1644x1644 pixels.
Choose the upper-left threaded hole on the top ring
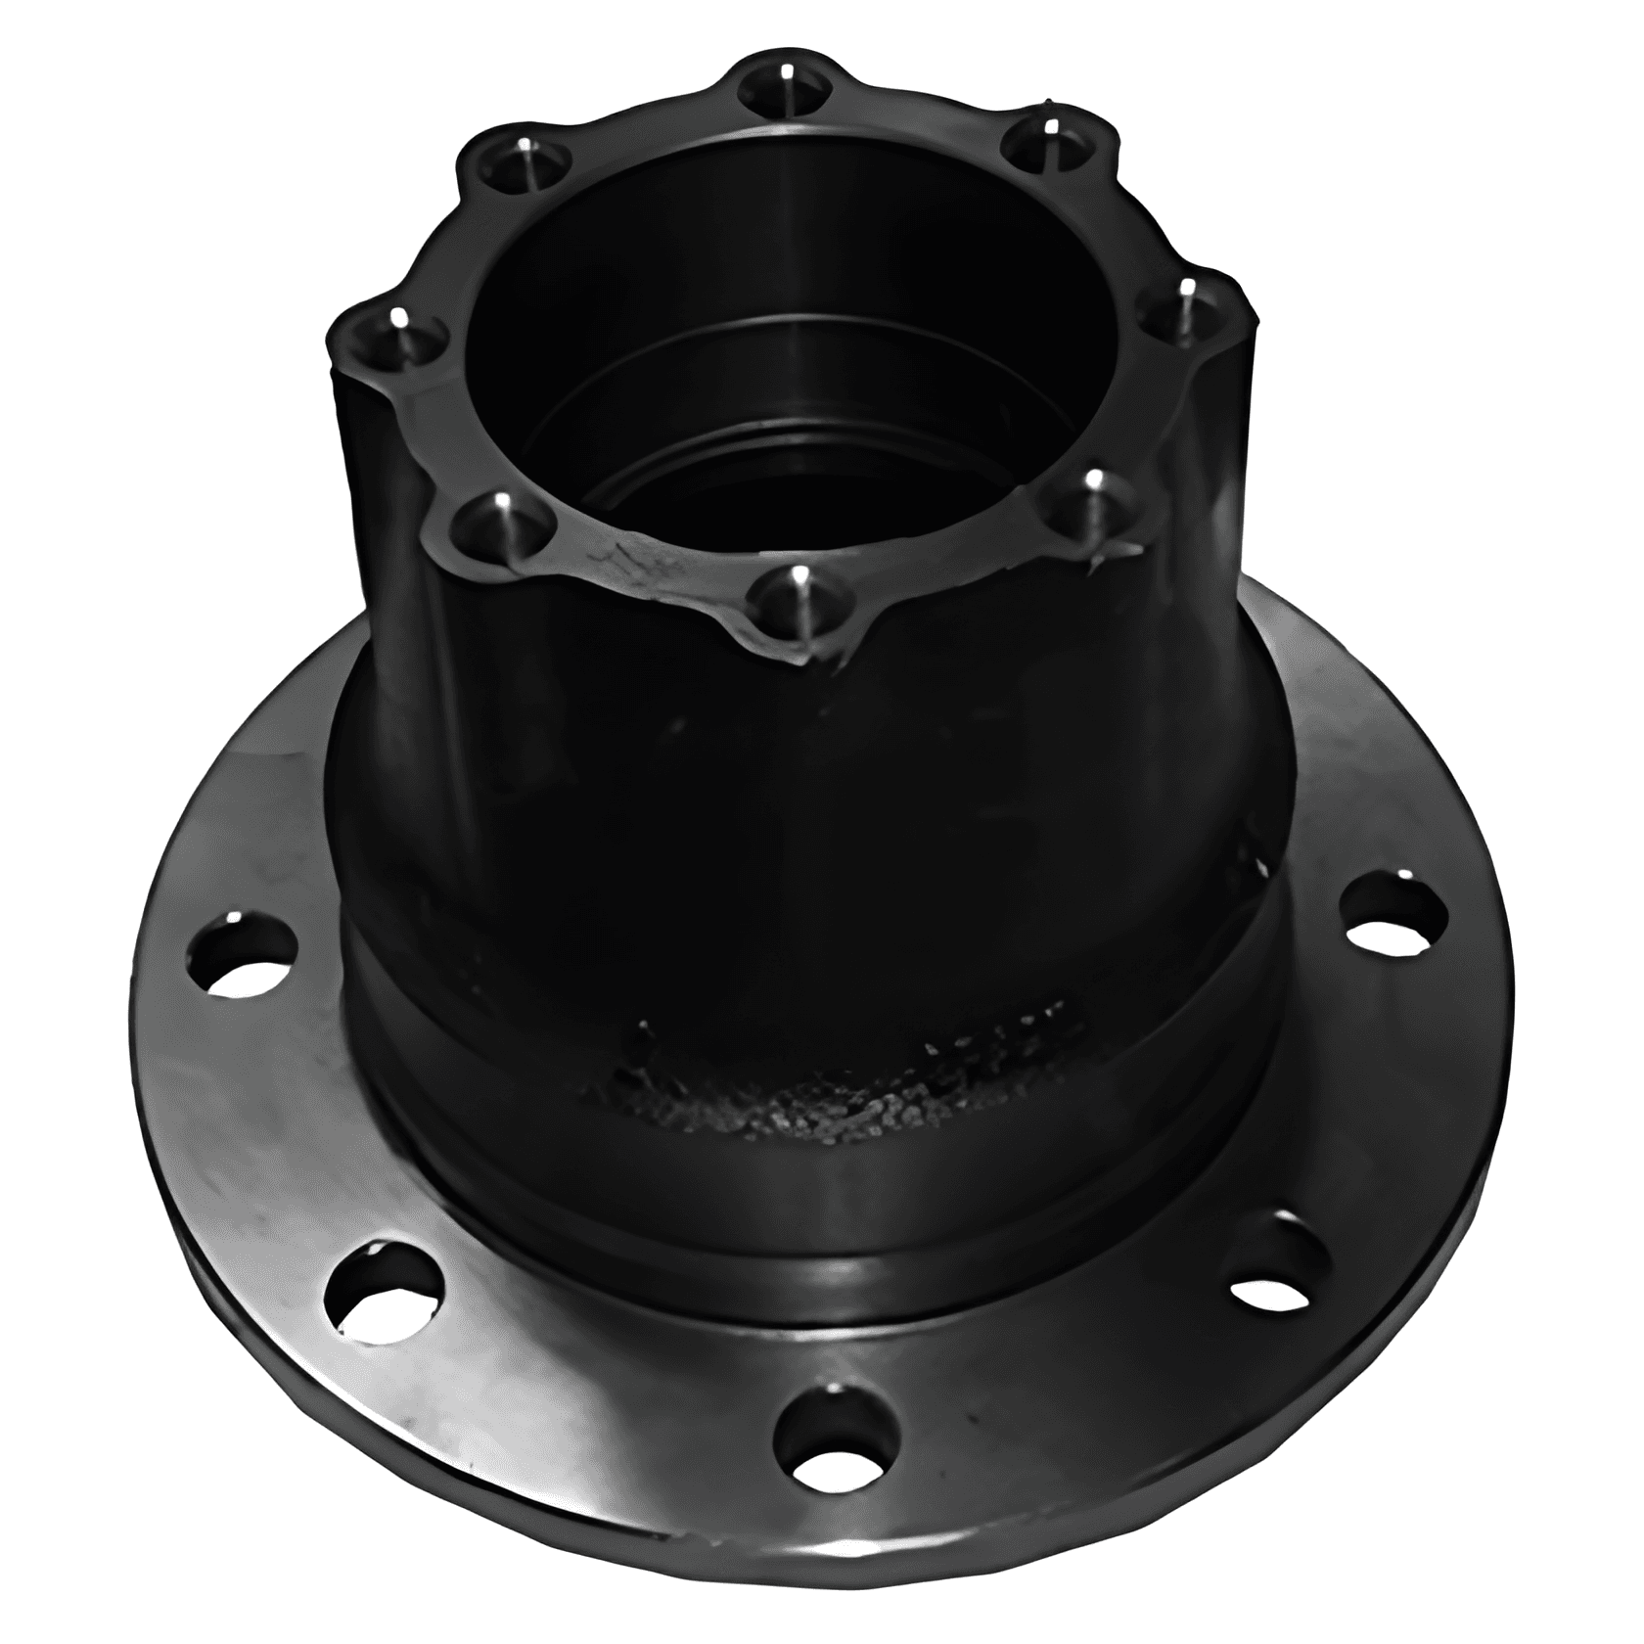click(x=522, y=161)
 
